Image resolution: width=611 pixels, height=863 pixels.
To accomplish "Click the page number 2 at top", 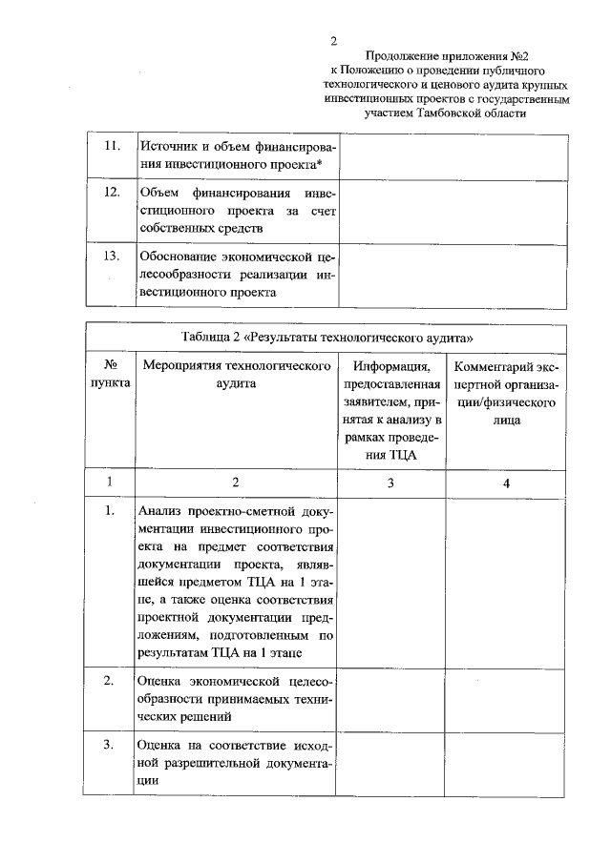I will [333, 41].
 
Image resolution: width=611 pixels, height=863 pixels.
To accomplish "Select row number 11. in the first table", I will [111, 146].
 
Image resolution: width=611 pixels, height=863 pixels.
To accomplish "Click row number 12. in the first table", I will [111, 192].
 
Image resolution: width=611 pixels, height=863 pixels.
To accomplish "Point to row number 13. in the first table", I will [111, 256].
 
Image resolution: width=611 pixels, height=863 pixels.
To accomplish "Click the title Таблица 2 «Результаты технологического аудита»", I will [327, 339].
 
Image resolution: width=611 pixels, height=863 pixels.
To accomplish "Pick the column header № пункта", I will [111, 374].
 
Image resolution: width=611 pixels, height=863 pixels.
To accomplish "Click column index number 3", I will [390, 483].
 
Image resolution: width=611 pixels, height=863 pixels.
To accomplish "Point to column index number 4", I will [506, 483].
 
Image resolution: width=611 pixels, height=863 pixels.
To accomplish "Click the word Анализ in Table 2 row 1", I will [162, 511].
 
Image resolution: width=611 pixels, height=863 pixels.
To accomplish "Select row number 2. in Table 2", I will [111, 680].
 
